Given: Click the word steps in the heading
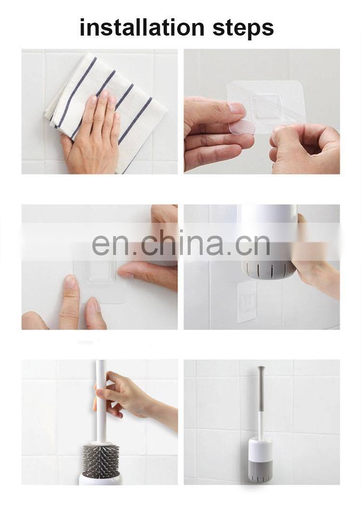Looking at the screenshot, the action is click(243, 28).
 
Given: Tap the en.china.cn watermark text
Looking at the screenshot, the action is click(181, 243).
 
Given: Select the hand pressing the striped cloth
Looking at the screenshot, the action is click(92, 133).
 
